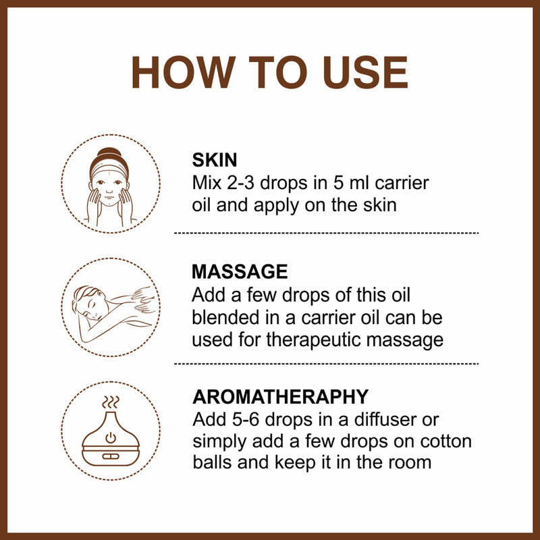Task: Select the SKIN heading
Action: point(215,160)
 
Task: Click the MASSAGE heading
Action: point(240,272)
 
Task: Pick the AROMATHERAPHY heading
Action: point(280,396)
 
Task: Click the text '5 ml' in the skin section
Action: point(344,183)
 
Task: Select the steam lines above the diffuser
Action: point(111,403)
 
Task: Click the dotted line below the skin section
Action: point(326,233)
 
